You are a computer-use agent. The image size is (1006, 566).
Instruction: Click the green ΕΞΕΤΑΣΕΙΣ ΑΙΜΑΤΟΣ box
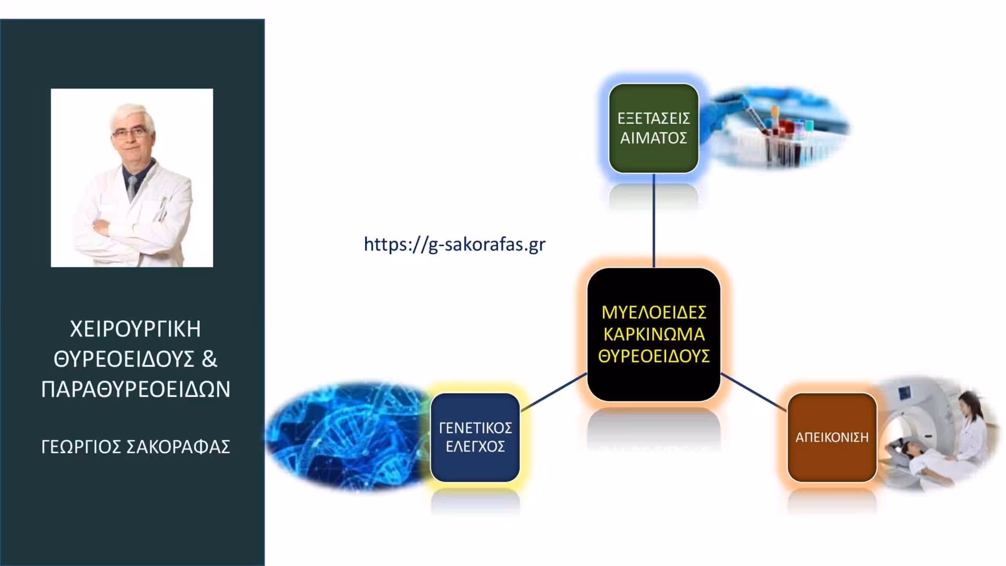[654, 128]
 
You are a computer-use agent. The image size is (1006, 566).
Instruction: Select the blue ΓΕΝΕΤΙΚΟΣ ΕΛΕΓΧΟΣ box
[475, 437]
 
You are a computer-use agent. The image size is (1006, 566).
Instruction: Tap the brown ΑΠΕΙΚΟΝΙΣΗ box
[832, 437]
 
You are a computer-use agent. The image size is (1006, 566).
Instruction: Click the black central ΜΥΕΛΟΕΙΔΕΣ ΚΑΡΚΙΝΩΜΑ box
[654, 334]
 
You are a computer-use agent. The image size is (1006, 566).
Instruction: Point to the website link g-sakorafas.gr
[455, 244]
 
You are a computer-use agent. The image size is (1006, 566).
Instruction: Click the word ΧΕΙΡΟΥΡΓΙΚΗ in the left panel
[136, 329]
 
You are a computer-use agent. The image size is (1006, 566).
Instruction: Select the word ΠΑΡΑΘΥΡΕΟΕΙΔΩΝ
[136, 390]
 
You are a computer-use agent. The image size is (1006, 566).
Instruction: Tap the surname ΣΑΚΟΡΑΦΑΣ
[178, 447]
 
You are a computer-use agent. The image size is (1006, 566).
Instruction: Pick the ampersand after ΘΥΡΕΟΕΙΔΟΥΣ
[209, 359]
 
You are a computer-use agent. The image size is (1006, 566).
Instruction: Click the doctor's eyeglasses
[129, 133]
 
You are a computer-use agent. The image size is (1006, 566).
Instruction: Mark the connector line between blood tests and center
[654, 221]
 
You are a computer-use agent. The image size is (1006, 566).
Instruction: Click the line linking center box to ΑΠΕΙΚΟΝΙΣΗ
[754, 392]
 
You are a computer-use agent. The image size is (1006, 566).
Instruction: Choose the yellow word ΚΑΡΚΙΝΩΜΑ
[654, 334]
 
